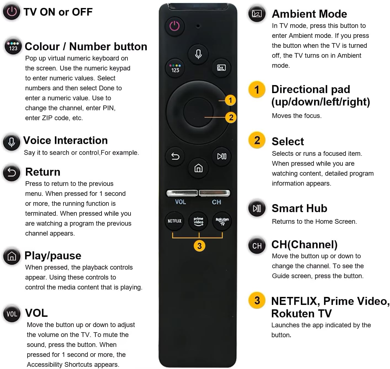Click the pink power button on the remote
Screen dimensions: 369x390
[x=174, y=26]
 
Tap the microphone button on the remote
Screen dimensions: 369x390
[x=198, y=54]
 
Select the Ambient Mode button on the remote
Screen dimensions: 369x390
[x=221, y=68]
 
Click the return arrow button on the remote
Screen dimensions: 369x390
[x=175, y=157]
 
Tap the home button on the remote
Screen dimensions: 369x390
[x=198, y=168]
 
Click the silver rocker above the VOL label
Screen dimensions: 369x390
[x=182, y=193]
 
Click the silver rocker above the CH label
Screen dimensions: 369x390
[x=214, y=193]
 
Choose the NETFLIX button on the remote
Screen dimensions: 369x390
[x=174, y=221]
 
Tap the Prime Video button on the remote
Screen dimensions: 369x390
[x=198, y=221]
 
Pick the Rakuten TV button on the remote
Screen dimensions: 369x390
[x=222, y=221]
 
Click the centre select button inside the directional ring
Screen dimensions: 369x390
[x=198, y=112]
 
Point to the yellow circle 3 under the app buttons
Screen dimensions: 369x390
[x=199, y=246]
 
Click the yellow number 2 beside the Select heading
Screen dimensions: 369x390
[x=257, y=140]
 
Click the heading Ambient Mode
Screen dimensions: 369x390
[x=309, y=14]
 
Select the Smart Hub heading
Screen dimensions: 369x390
[x=299, y=208]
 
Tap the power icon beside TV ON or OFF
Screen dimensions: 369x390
[x=12, y=12]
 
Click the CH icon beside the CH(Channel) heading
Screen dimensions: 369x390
[x=257, y=246]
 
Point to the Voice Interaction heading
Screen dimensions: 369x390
[x=65, y=140]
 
